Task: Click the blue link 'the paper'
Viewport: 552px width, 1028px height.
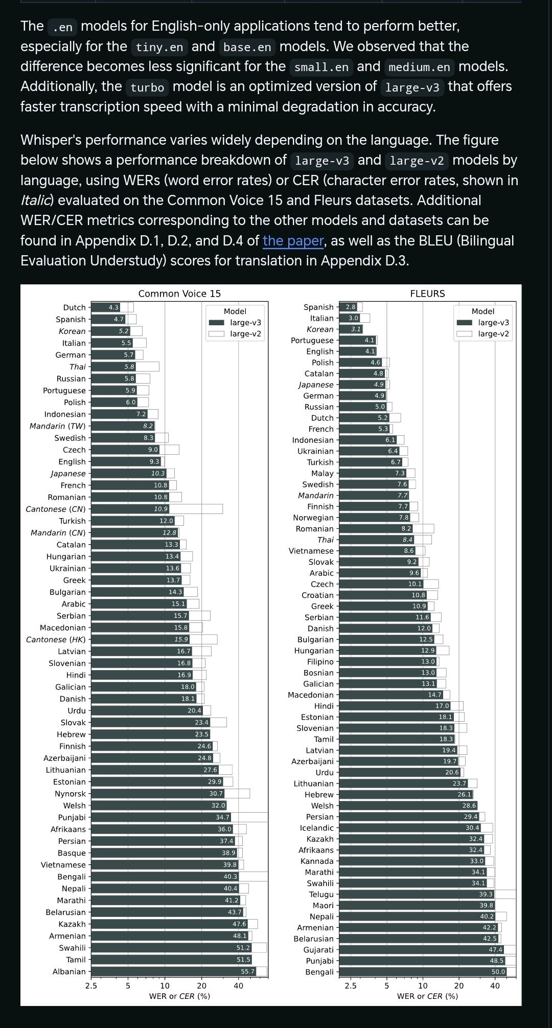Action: coord(293,240)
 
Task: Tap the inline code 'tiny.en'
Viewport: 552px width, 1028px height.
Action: coord(159,47)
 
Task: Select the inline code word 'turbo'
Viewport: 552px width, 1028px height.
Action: coord(147,87)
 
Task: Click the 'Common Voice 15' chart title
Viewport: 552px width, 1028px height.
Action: coord(179,294)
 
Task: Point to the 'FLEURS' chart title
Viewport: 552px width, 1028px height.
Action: coord(427,294)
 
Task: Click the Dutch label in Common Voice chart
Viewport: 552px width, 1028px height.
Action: coord(74,307)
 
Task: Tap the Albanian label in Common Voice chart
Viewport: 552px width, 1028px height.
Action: coord(69,971)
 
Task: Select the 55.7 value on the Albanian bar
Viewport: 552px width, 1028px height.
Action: coord(247,971)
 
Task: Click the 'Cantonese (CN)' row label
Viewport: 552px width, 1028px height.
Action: coord(56,509)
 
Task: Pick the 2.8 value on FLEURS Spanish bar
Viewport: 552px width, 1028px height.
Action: coord(351,307)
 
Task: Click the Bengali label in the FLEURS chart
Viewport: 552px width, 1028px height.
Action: coord(319,972)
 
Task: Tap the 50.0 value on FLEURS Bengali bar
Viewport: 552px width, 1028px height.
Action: coord(498,972)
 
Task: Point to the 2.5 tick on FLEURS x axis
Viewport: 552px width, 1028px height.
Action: coord(350,986)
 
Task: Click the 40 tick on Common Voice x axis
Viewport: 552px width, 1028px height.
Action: coord(239,986)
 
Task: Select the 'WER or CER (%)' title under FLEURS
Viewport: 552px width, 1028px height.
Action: coord(427,996)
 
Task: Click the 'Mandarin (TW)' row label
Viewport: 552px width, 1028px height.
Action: coord(58,426)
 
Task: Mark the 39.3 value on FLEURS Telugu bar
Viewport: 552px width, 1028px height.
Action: coord(486,894)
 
